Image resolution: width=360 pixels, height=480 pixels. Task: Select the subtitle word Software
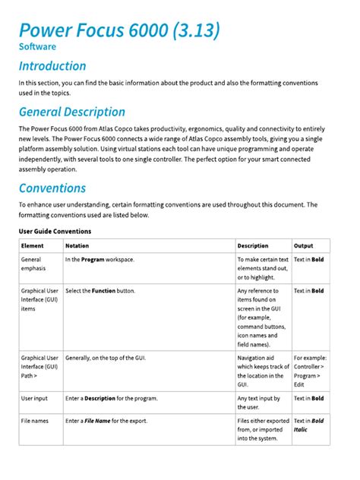pos(37,46)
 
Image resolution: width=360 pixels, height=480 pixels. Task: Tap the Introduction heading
pos(52,66)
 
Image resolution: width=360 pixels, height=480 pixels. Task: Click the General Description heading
pos(72,112)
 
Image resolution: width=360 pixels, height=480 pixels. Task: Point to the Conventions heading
pos(52,188)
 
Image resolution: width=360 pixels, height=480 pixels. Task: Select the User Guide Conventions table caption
pos(55,230)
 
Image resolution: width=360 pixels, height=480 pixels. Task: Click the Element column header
pos(33,246)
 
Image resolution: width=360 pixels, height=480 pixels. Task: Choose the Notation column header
pos(77,246)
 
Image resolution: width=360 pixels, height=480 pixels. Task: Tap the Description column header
pos(253,246)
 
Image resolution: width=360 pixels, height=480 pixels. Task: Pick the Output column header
pos(304,246)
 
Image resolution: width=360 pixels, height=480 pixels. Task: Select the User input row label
pos(36,398)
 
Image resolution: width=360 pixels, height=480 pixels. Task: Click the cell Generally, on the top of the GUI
pos(106,357)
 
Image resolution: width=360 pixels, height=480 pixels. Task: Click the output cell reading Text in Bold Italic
pos(308,425)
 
